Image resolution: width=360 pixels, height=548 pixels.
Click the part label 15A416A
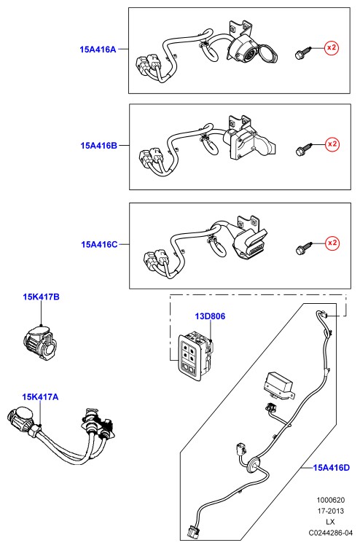pyautogui.click(x=98, y=50)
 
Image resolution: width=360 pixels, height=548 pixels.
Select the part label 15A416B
pyautogui.click(x=99, y=146)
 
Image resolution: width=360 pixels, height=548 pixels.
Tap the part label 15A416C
pyautogui.click(x=99, y=244)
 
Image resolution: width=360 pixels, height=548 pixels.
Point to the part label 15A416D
pyautogui.click(x=331, y=468)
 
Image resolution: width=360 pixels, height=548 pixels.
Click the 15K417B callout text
pyautogui.click(x=42, y=297)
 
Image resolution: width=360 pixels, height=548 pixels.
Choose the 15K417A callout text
pyautogui.click(x=40, y=397)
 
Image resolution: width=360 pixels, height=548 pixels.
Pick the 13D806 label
pyautogui.click(x=210, y=316)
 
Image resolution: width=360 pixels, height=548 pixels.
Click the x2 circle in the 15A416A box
pyautogui.click(x=332, y=47)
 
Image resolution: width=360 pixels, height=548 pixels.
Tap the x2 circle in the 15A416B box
pyautogui.click(x=332, y=144)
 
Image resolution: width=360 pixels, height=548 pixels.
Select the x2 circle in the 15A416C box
pyautogui.click(x=332, y=243)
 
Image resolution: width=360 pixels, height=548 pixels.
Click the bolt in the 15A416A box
pyautogui.click(x=302, y=52)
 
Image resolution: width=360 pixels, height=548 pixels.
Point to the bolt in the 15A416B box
pyautogui.click(x=303, y=149)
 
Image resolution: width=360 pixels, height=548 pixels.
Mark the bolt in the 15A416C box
pyautogui.click(x=303, y=248)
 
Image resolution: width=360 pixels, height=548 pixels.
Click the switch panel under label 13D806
pyautogui.click(x=196, y=354)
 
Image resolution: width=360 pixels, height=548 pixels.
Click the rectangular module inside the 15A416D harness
pyautogui.click(x=279, y=385)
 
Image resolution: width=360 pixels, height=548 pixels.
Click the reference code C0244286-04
pyautogui.click(x=330, y=533)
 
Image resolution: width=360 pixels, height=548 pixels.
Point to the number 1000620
pyautogui.click(x=331, y=500)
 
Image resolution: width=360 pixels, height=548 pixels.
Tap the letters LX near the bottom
pyautogui.click(x=330, y=522)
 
